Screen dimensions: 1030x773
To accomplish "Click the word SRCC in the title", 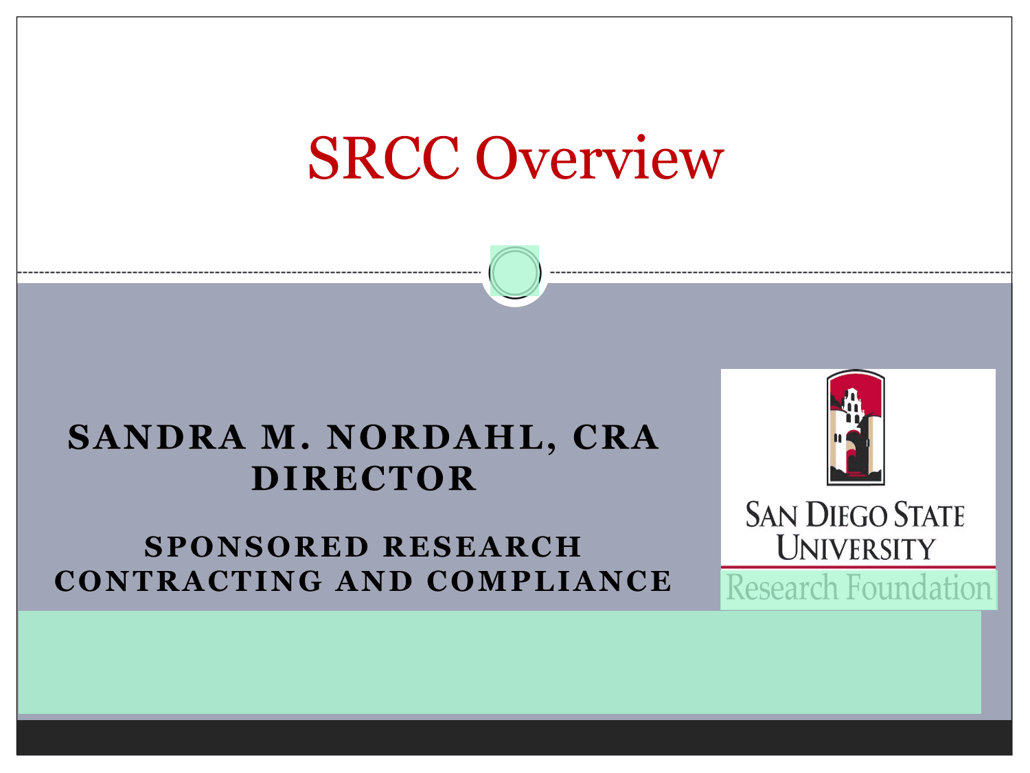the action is coord(383,158).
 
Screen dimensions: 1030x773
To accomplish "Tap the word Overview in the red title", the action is coord(600,158).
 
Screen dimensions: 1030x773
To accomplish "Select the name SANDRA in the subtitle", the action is coord(157,438).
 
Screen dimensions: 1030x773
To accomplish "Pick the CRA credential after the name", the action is coord(616,438).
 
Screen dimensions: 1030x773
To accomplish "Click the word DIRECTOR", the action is coord(364,479).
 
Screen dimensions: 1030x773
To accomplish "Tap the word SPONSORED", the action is coord(257,547).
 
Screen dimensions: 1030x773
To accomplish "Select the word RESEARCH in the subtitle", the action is coord(483,547).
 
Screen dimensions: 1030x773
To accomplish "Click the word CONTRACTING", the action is coord(189,581).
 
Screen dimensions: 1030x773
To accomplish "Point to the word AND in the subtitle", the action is coord(374,581).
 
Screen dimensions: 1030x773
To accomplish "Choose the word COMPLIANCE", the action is coord(549,581).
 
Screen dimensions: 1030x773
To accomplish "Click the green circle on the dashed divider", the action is coord(515,272).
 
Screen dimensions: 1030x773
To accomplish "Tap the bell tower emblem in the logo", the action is coord(856,427).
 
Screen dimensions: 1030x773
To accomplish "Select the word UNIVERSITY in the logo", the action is coord(856,547).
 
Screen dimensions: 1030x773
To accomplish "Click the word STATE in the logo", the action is coord(929,515).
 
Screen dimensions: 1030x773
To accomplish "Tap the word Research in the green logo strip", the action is coord(782,587).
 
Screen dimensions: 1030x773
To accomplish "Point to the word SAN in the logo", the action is coord(771,515).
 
